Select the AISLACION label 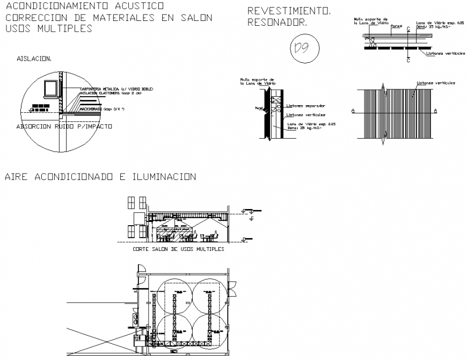click(34, 58)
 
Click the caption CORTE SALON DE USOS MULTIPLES click(178, 249)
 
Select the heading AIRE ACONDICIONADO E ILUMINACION click(100, 177)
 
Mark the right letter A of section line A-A click(435, 110)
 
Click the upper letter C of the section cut click(408, 30)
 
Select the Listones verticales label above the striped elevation click(436, 83)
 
